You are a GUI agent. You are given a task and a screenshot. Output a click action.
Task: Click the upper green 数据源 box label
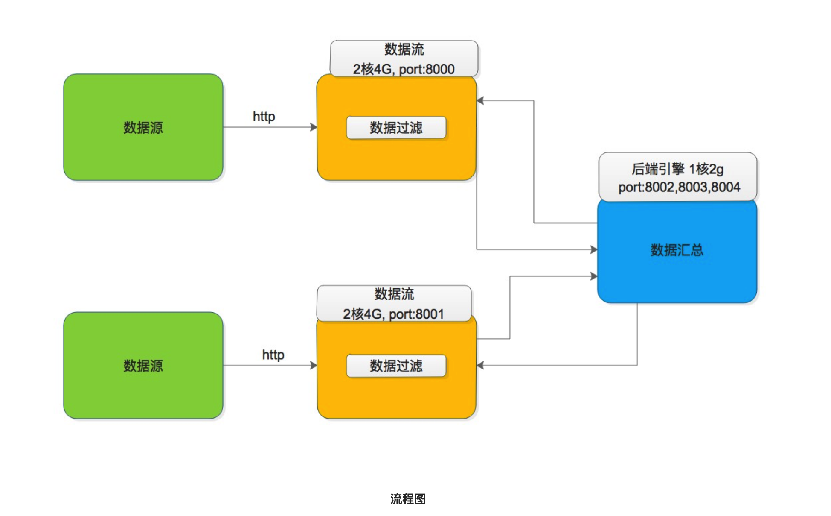[143, 128]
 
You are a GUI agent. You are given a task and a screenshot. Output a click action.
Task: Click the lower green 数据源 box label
[143, 366]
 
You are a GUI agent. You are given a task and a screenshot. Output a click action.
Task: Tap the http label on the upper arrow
[264, 117]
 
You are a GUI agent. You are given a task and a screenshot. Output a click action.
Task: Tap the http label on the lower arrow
[273, 355]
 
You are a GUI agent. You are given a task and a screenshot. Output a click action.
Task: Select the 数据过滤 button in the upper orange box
[396, 128]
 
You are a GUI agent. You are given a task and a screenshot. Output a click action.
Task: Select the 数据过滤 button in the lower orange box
[396, 366]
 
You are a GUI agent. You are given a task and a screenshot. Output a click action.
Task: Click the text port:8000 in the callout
[427, 69]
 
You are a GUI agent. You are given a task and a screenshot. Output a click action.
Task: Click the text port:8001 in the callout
[417, 314]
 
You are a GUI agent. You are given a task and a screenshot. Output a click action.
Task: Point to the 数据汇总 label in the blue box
[677, 250]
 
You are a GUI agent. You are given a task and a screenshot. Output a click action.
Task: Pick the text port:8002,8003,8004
[679, 187]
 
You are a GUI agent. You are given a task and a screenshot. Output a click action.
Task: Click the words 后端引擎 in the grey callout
[658, 169]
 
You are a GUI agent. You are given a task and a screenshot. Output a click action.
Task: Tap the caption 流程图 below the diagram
[408, 499]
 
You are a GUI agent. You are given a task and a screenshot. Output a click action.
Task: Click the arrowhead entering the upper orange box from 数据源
[314, 127]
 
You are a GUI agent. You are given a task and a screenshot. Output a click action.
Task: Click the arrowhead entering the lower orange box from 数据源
[314, 366]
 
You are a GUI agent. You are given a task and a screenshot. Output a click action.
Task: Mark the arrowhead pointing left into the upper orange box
[480, 101]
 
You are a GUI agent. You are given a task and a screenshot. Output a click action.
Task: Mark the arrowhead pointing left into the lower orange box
[480, 366]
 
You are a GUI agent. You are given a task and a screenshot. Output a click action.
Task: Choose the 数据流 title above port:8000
[404, 49]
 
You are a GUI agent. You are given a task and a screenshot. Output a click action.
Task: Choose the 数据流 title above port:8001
[394, 294]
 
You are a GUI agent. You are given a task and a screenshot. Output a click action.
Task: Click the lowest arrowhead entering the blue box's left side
[594, 276]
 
